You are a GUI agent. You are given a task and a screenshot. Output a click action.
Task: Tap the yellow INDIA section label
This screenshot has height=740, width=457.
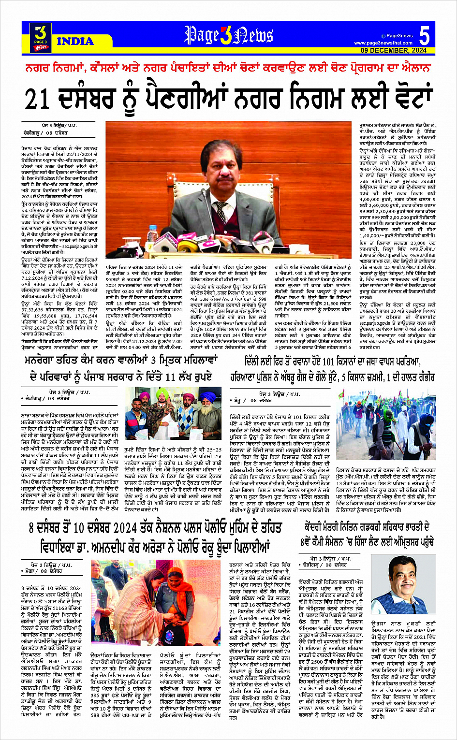pyautogui.click(x=75, y=42)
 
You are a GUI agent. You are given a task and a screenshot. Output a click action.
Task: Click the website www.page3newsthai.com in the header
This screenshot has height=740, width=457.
pyautogui.click(x=383, y=43)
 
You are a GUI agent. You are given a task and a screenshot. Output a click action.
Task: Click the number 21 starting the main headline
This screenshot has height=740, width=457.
pyautogui.click(x=38, y=99)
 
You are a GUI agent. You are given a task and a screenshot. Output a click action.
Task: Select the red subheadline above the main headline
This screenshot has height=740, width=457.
pyautogui.click(x=228, y=67)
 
